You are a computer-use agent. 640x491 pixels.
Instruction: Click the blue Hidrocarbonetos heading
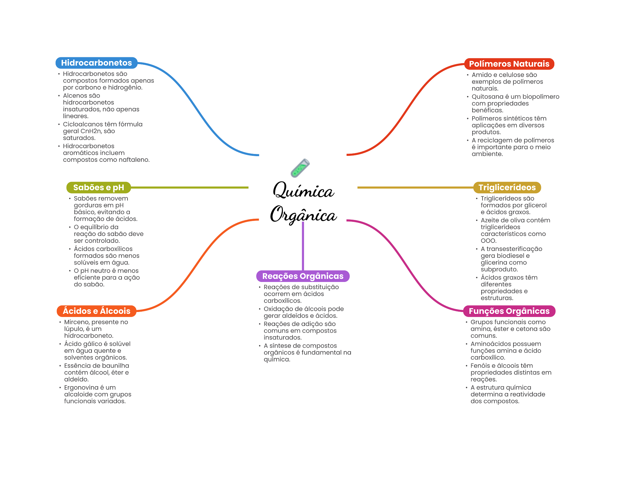[96, 63]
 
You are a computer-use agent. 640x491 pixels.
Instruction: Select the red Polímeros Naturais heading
[509, 64]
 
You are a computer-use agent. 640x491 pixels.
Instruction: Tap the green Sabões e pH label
[98, 187]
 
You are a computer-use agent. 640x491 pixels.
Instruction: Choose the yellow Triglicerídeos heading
[507, 187]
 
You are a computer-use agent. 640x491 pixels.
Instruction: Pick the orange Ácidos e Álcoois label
[97, 311]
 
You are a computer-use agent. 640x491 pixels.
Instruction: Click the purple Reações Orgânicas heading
[303, 276]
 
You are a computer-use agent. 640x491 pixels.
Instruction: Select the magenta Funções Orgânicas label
[509, 311]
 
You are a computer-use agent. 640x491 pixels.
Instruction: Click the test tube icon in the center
[300, 168]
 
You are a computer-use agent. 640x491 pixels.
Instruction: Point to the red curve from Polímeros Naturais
[406, 110]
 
